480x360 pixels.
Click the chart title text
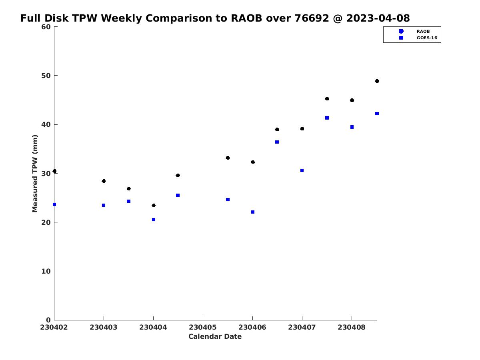(x=215, y=18)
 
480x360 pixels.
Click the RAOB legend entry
(x=414, y=31)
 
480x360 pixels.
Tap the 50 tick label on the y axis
(x=46, y=76)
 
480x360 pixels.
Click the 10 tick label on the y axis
(x=46, y=271)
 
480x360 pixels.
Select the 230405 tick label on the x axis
(x=203, y=327)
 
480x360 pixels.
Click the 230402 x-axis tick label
(x=54, y=327)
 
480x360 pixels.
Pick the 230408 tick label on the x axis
(x=352, y=327)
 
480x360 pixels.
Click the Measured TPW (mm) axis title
(x=35, y=174)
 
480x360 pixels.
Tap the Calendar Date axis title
(x=215, y=336)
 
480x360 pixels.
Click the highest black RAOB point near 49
(x=377, y=81)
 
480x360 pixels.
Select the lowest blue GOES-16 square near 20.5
(x=154, y=220)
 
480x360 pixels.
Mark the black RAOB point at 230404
(x=154, y=206)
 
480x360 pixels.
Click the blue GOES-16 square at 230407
(x=302, y=170)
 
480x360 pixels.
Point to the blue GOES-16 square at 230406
(x=253, y=212)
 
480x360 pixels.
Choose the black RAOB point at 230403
(x=104, y=181)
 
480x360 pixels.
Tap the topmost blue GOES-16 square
(x=377, y=114)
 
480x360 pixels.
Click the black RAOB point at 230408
(x=352, y=100)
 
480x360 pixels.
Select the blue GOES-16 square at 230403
(x=104, y=205)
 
